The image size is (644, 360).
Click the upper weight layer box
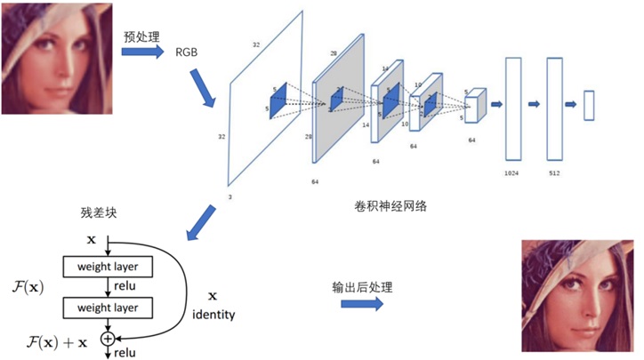tap(108, 266)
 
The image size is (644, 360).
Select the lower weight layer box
tap(108, 308)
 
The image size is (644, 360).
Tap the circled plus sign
tap(108, 338)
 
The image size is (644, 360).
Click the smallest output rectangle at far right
tap(588, 105)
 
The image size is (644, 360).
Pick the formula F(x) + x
tap(57, 342)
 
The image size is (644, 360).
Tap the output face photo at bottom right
tap(579, 294)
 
